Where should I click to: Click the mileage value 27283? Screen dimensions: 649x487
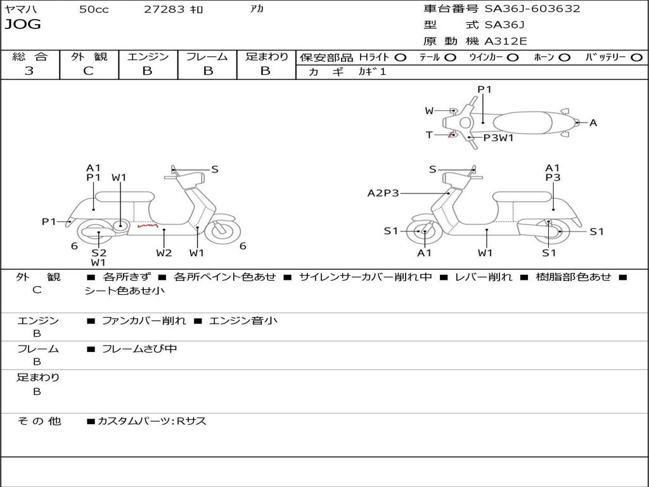point(164,10)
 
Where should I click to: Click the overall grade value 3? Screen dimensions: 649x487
point(29,71)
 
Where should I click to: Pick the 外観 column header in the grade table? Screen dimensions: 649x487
point(89,56)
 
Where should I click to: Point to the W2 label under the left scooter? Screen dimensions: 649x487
point(164,253)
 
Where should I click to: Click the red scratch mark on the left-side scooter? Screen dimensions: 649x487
point(148,224)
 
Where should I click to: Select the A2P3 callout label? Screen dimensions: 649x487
point(383,193)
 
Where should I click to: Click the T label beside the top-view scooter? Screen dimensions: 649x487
point(429,134)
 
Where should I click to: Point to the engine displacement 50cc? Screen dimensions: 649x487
point(94,10)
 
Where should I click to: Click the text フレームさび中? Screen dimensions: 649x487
point(139,349)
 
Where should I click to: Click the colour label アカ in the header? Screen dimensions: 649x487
point(257,9)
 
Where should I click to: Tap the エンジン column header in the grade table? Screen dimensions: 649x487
point(148,56)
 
